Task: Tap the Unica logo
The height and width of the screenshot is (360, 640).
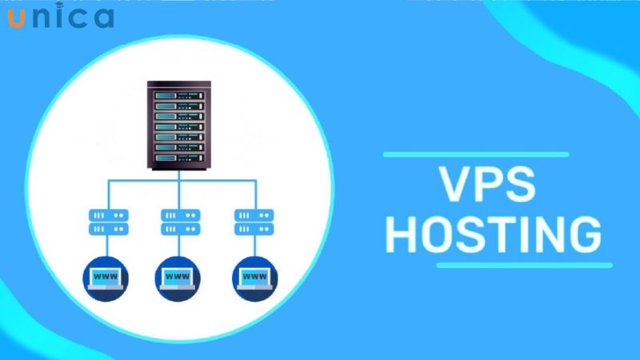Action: click(61, 17)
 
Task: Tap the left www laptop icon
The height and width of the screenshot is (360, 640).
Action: click(105, 277)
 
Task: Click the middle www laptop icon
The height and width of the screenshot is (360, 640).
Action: click(180, 277)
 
